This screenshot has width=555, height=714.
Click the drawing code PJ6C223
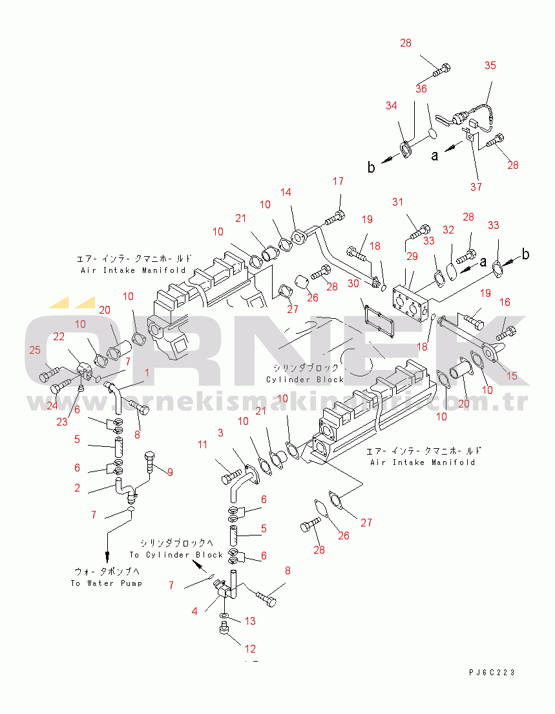tap(492, 673)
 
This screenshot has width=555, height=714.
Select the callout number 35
tap(490, 65)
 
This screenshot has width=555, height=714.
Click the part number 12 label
tap(250, 648)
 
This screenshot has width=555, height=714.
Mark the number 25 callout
tap(34, 351)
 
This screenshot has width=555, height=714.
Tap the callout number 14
tap(286, 192)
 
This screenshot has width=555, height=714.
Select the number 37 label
tap(476, 188)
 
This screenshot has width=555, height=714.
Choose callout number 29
tap(412, 257)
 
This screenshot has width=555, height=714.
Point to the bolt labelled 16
tap(506, 334)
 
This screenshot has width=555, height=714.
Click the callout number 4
tap(194, 610)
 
